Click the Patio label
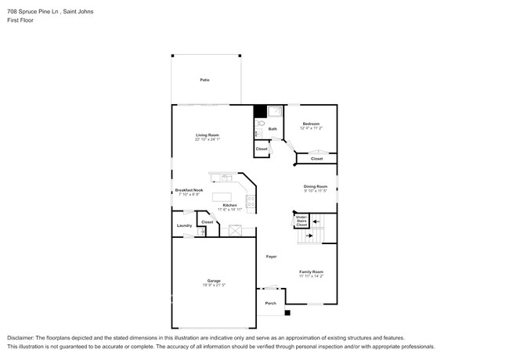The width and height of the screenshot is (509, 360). (x=204, y=80)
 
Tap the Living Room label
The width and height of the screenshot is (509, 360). (x=208, y=135)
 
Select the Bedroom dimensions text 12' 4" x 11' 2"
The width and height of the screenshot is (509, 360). (x=312, y=128)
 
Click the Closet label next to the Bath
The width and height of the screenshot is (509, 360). (x=262, y=149)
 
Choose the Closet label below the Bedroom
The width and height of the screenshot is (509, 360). (x=316, y=159)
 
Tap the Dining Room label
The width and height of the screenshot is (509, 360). (x=316, y=185)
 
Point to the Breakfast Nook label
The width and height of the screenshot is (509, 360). (x=189, y=190)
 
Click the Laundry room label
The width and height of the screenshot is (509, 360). (x=184, y=226)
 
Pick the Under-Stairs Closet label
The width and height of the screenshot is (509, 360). (x=301, y=221)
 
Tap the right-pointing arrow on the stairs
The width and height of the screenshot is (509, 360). (x=310, y=234)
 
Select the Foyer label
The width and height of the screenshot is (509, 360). (x=271, y=257)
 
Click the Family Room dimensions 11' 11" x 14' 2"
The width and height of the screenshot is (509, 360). (x=311, y=276)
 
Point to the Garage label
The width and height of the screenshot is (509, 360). (x=213, y=280)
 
